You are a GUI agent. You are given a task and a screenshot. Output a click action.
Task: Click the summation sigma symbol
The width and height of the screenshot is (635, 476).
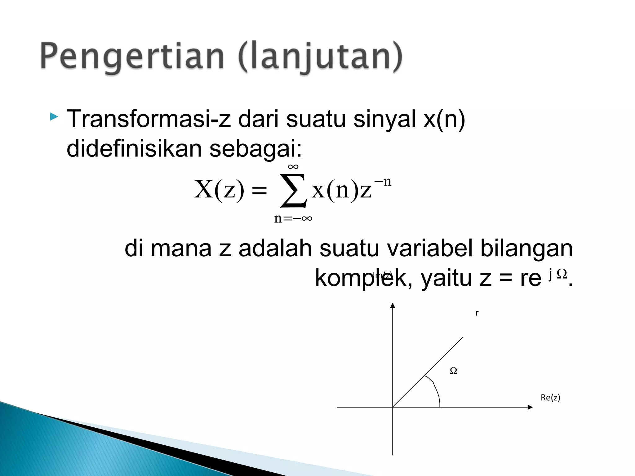coord(293,190)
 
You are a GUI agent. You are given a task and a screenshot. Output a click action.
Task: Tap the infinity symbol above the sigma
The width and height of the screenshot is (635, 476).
coord(293,167)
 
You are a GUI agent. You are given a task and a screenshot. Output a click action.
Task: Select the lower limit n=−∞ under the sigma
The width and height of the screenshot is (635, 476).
coord(293,218)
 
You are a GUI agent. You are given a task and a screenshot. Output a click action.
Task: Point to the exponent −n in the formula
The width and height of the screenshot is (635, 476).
coord(383,182)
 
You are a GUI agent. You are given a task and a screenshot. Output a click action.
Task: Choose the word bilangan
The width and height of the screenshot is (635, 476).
coord(526,249)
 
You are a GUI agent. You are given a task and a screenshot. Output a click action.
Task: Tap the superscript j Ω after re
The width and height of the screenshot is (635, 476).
coord(557,274)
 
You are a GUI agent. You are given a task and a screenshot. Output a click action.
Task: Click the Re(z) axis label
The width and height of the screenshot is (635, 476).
coord(550,398)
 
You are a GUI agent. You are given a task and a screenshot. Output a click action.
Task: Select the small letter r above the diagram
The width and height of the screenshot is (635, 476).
coord(477,313)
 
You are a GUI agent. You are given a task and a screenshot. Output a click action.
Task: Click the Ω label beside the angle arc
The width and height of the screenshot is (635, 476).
coord(453,371)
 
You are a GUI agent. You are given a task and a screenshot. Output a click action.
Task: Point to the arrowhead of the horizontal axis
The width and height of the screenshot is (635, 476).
coord(530,407)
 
